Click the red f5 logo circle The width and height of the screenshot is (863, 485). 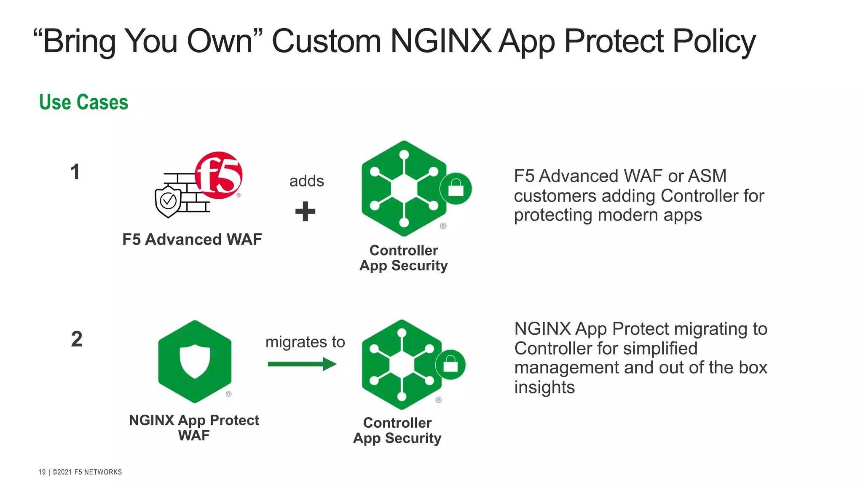point(219,175)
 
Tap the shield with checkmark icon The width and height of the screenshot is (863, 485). point(168,202)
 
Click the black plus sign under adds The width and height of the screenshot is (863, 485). point(305,211)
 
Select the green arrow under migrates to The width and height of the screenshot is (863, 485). point(302,364)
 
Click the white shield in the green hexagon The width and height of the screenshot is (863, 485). point(195,361)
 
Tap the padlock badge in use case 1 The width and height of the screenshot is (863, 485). point(456,189)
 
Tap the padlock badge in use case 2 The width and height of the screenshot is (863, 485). point(450,365)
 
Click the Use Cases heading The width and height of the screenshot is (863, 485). point(83,102)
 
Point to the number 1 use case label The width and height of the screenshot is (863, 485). point(75,172)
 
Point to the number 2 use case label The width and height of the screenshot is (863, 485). point(77,339)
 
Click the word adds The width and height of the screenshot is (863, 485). point(306,181)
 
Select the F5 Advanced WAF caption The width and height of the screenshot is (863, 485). point(192,240)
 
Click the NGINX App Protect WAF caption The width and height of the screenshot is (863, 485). point(194,427)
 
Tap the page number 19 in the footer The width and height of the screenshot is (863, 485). point(42,472)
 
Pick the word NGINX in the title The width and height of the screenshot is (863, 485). point(441,41)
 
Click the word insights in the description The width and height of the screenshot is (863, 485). point(544,387)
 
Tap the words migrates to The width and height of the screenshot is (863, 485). point(305,342)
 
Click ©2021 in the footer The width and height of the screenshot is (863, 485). point(62,472)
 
